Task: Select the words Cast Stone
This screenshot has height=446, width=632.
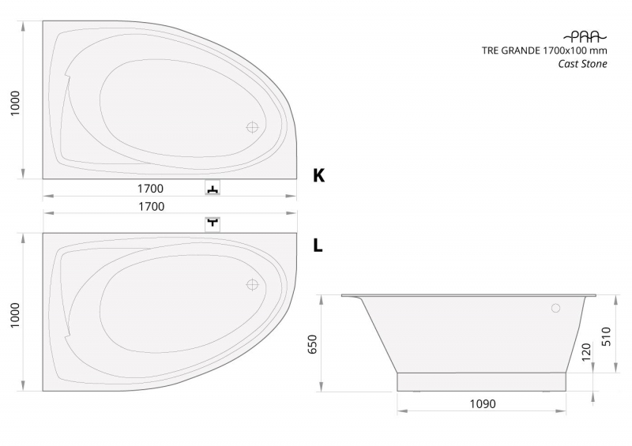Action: (x=582, y=64)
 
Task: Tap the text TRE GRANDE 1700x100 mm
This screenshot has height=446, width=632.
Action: (x=544, y=51)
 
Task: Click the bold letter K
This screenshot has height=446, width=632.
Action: (x=319, y=176)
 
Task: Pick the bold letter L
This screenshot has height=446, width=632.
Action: (x=318, y=245)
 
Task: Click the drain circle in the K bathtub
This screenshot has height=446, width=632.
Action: (x=252, y=127)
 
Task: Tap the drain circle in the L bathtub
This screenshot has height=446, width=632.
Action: (x=252, y=284)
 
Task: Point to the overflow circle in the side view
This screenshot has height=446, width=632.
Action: (x=556, y=309)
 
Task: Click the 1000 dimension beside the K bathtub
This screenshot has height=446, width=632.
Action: (x=15, y=103)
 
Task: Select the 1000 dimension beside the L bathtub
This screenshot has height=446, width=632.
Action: (x=15, y=316)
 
